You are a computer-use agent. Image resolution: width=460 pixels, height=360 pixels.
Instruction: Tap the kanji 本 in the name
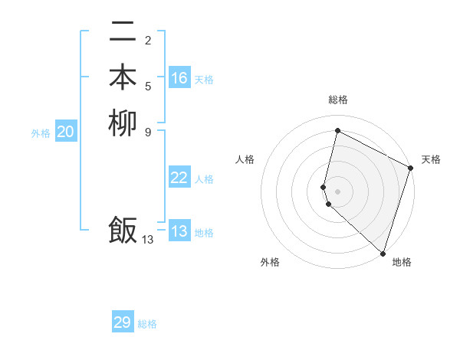coord(123,77)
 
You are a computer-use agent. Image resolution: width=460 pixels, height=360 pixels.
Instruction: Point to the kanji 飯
coord(123,230)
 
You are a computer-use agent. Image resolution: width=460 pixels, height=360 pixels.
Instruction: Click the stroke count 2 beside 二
coord(148,41)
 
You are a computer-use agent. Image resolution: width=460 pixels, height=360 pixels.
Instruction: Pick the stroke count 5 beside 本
coord(148,86)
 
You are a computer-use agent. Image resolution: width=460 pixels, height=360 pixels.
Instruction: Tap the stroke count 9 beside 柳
coord(148,131)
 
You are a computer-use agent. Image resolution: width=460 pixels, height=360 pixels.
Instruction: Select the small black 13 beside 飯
coord(148,240)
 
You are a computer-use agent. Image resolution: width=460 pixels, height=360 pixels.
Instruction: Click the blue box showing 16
coord(179,78)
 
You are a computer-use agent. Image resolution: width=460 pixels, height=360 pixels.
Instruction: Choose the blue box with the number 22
coord(179,178)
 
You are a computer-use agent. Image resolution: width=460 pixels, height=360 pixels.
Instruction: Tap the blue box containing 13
coord(179,231)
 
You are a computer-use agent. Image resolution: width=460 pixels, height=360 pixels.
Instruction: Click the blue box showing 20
coord(66,132)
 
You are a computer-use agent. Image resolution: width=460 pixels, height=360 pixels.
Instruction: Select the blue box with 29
coord(123,322)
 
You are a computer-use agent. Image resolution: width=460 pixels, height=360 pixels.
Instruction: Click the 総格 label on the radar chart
coord(338,100)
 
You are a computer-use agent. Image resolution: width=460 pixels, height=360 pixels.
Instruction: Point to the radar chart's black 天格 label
coord(431,159)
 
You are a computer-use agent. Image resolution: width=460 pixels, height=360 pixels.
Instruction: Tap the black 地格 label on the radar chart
coord(402,262)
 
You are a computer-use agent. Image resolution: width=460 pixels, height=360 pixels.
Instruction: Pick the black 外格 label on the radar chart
coord(270,262)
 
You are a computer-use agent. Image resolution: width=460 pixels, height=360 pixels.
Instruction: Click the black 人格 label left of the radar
coord(245,159)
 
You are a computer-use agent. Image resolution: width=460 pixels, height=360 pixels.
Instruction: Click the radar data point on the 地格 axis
coord(383,253)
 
